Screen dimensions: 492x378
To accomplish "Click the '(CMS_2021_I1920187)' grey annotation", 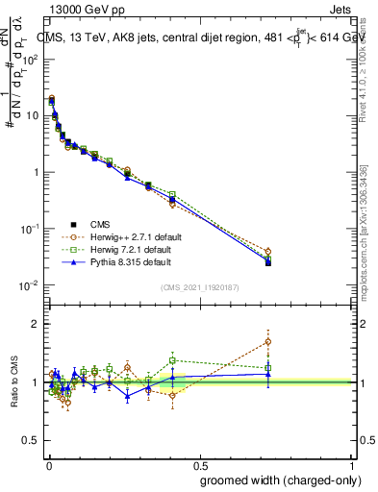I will pyautogui.click(x=198, y=287).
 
